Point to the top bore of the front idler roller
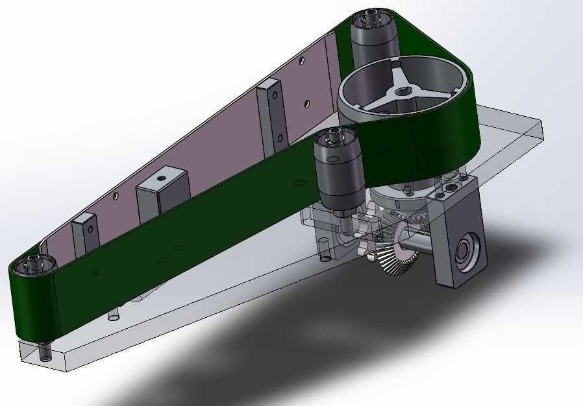point(335,135)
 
